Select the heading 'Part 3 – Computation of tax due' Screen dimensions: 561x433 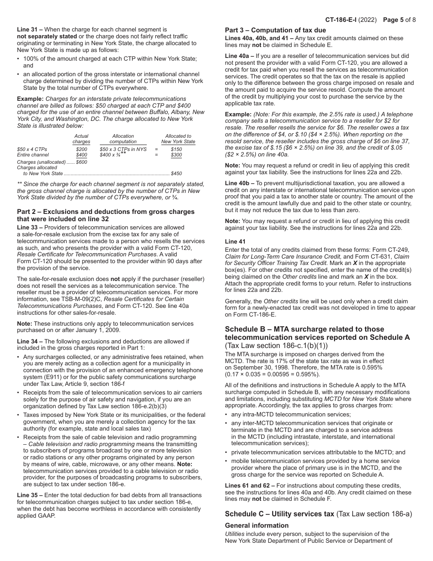point(275,30)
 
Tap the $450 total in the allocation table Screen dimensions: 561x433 point(176,173)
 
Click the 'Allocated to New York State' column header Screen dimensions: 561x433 point(178,139)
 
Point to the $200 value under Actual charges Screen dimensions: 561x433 point(82,149)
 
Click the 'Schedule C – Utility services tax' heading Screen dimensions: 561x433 point(279,514)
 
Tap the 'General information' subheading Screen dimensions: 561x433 point(257,525)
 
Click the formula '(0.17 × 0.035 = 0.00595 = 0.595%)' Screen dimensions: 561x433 point(272,374)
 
